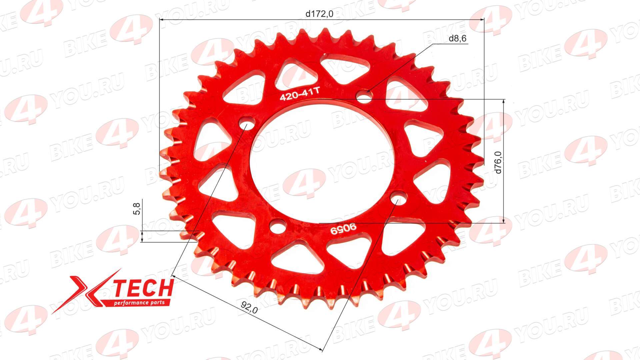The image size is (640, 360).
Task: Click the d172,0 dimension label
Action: point(319,14)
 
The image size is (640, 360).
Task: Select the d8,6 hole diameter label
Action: point(457,39)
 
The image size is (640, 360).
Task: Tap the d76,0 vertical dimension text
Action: point(498,162)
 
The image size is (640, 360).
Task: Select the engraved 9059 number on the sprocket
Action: point(343,229)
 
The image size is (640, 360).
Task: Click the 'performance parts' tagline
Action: point(139,303)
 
